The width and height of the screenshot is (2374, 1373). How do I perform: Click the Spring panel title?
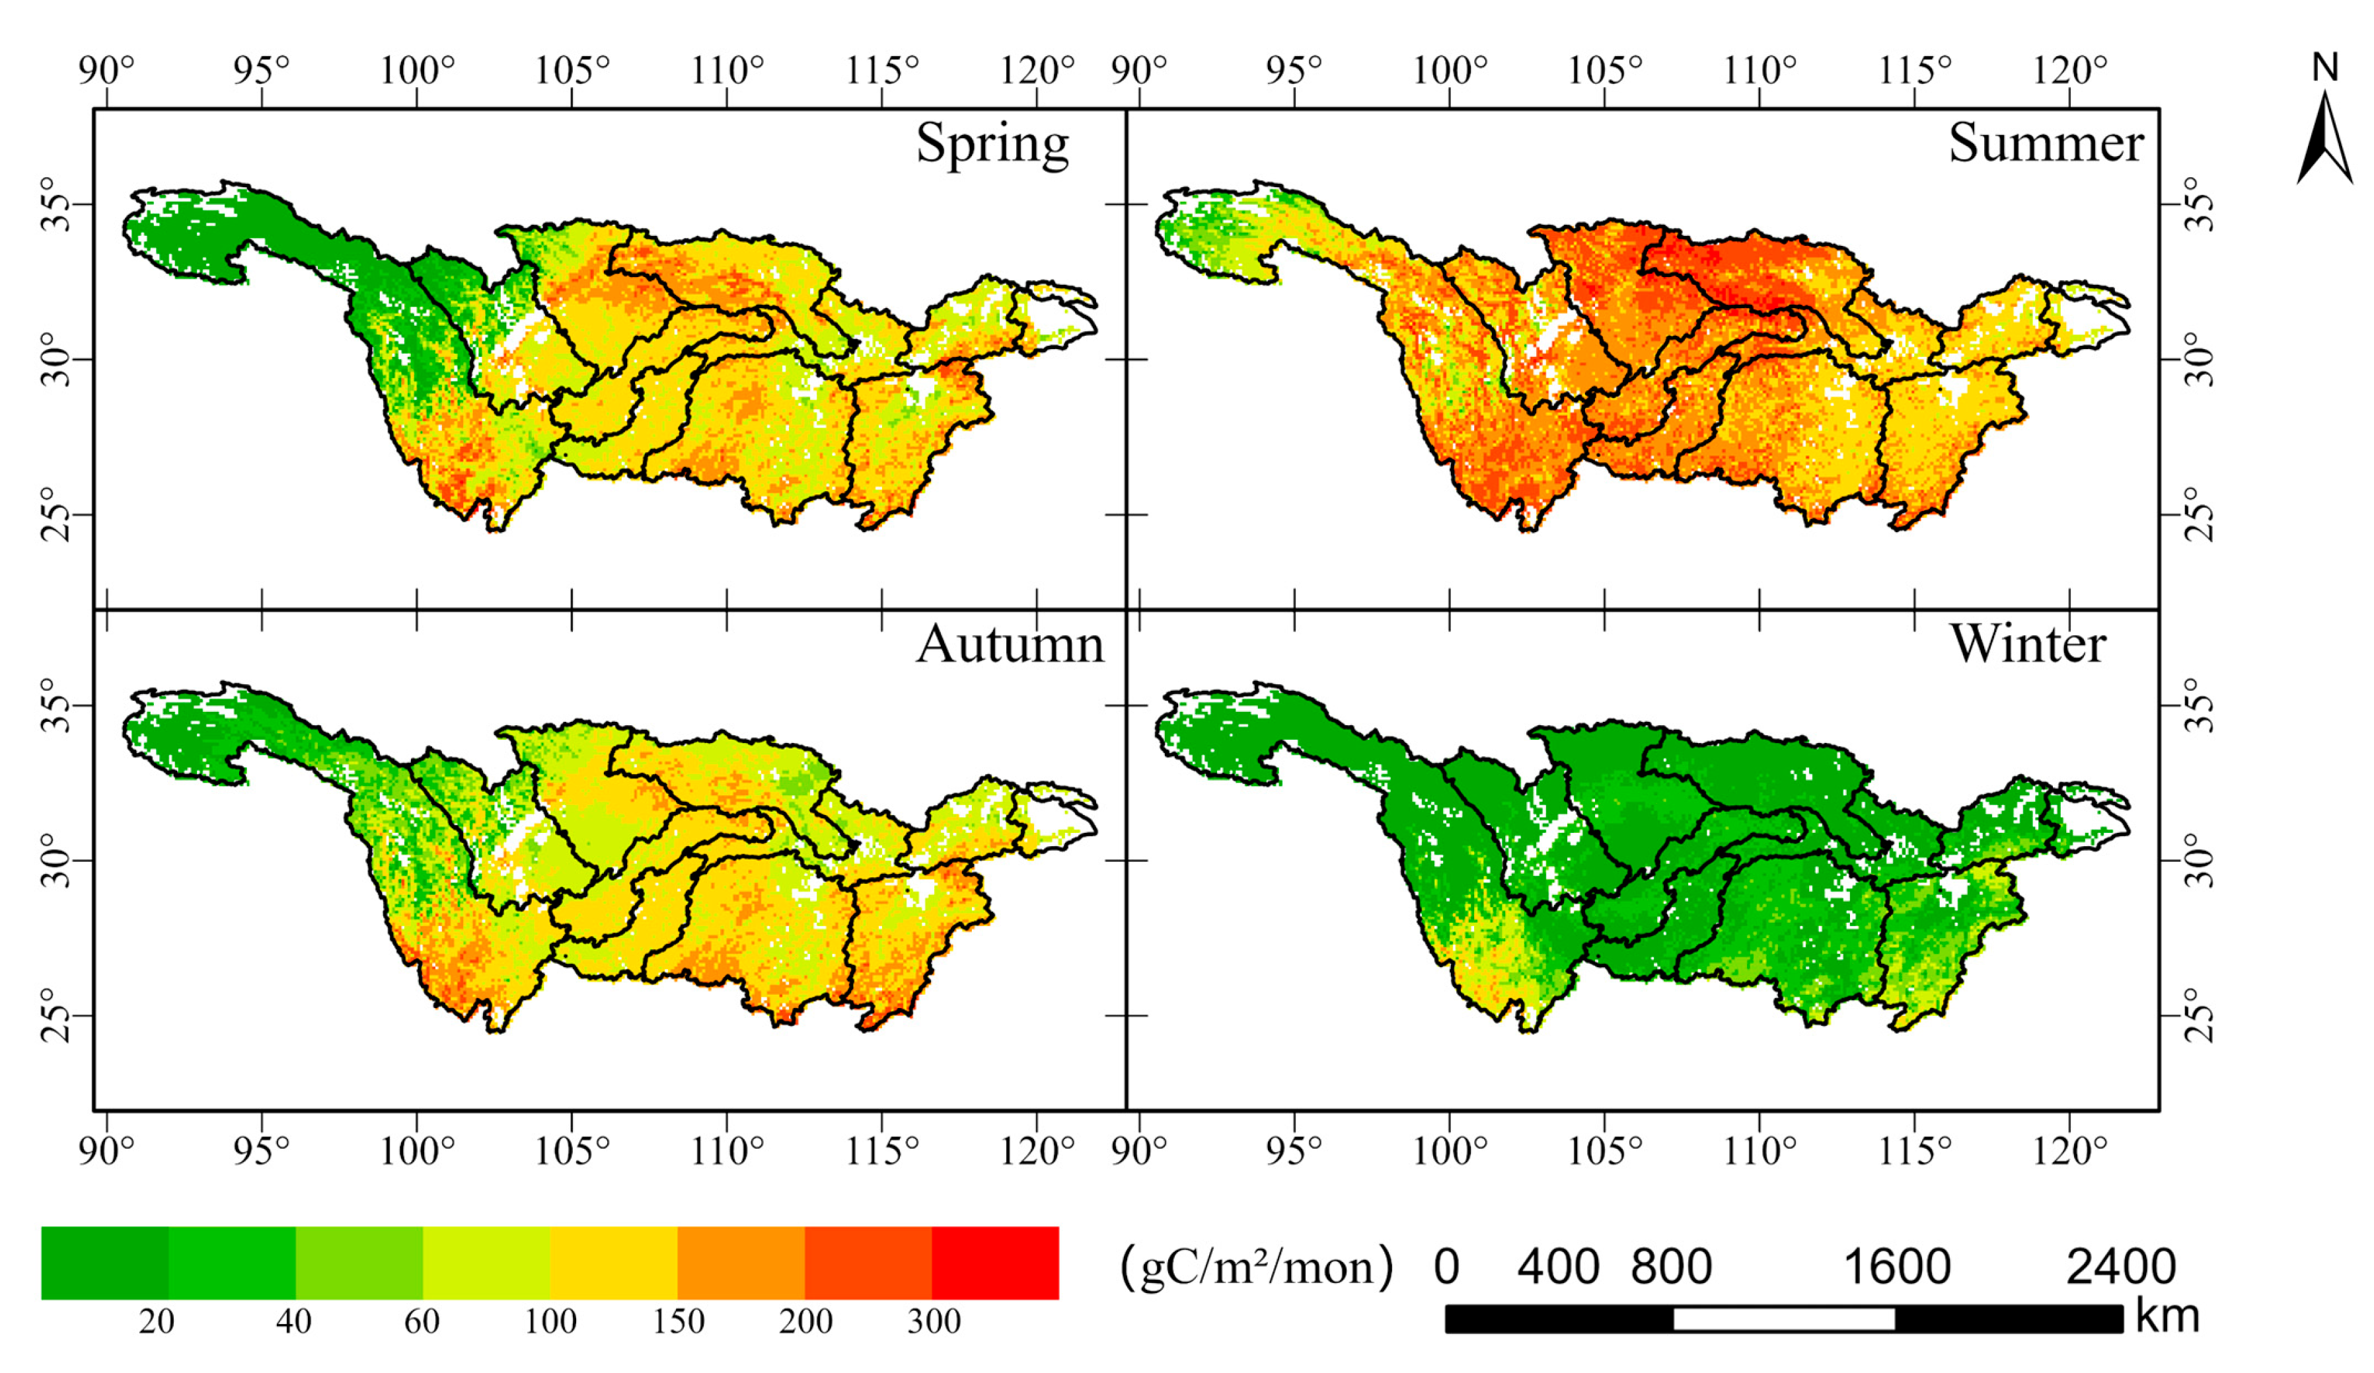pyautogui.click(x=992, y=144)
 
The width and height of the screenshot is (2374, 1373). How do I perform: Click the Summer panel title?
pyautogui.click(x=2045, y=143)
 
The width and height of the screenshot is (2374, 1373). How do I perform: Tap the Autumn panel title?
pyautogui.click(x=1009, y=645)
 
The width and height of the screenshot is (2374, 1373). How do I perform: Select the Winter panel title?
pyautogui.click(x=2027, y=645)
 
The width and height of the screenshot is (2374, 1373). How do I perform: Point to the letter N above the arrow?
pyautogui.click(x=2326, y=68)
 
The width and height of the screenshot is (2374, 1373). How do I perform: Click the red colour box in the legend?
pyautogui.click(x=995, y=1263)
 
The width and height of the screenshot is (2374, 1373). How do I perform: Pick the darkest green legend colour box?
pyautogui.click(x=104, y=1263)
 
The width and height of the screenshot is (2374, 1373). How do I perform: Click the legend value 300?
pyautogui.click(x=934, y=1322)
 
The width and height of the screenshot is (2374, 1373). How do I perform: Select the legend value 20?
pyautogui.click(x=157, y=1322)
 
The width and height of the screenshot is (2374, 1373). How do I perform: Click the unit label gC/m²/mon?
pyautogui.click(x=1256, y=1267)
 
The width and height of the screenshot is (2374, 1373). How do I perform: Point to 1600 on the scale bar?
pyautogui.click(x=1896, y=1267)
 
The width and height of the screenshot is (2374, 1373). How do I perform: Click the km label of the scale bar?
pyautogui.click(x=2167, y=1315)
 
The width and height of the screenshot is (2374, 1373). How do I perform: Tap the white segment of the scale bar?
pyautogui.click(x=1783, y=1318)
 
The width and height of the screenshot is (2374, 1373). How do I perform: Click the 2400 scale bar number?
pyautogui.click(x=2120, y=1267)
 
